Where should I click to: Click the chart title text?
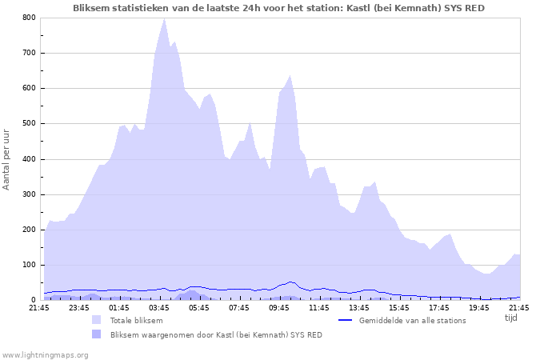click(278, 8)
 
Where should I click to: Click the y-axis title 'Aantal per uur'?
click(7, 158)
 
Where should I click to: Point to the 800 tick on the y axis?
click(29, 18)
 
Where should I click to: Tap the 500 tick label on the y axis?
click(29, 123)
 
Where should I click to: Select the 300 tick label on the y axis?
click(29, 194)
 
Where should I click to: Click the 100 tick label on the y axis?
click(29, 265)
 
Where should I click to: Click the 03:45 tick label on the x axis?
click(159, 307)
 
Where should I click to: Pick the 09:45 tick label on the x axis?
click(279, 307)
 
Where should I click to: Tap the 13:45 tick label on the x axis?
click(359, 307)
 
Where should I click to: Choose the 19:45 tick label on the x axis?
click(479, 307)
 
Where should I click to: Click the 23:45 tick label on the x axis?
click(79, 307)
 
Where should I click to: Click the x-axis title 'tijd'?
click(511, 318)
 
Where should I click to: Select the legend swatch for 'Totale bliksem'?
click(97, 320)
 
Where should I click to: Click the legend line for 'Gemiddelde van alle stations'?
click(346, 320)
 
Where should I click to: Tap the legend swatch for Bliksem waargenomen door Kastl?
click(97, 334)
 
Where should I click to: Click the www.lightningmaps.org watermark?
click(44, 354)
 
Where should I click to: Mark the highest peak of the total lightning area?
click(164, 18)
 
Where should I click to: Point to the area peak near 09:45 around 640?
click(290, 75)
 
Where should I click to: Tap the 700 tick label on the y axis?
click(29, 53)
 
